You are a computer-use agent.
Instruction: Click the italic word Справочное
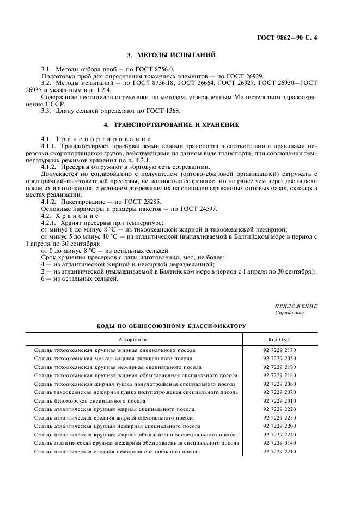click(x=290, y=313)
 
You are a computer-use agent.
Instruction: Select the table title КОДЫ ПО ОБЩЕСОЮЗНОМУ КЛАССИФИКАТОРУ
click(x=172, y=326)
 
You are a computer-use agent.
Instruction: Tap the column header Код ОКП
click(x=280, y=339)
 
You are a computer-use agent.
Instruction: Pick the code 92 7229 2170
click(x=280, y=350)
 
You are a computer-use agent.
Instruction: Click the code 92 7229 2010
click(x=280, y=400)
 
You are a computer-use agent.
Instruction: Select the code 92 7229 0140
click(x=280, y=443)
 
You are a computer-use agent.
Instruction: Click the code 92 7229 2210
click(x=280, y=452)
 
